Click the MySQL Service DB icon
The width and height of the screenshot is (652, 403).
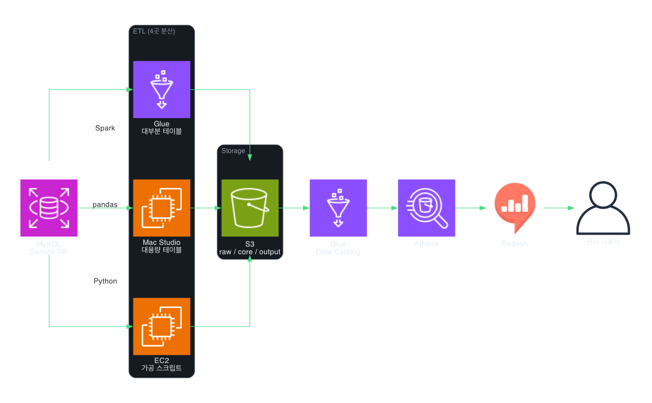[49, 208]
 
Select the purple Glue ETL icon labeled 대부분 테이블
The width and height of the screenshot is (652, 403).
[162, 89]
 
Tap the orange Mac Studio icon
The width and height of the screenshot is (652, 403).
[162, 208]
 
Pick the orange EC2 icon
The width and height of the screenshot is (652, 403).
[162, 326]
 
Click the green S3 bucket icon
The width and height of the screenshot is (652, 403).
[250, 208]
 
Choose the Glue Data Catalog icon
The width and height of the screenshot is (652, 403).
[338, 208]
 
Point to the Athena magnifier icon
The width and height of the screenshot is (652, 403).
[427, 208]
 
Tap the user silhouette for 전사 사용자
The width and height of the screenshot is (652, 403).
[603, 208]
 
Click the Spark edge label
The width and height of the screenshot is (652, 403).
[105, 128]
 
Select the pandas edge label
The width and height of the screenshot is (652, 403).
[105, 204]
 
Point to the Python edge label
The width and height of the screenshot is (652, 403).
[105, 281]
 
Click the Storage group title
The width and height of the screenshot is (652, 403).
[233, 151]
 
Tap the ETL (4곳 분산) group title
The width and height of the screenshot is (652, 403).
[154, 31]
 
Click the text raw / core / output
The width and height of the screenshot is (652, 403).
[250, 252]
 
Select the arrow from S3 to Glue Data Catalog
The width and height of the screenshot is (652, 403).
[294, 208]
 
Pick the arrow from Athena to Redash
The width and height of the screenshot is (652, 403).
[471, 208]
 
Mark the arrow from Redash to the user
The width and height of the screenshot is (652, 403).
[559, 208]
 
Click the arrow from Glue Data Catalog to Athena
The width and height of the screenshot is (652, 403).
[383, 208]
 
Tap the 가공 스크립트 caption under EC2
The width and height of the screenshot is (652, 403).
[162, 368]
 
